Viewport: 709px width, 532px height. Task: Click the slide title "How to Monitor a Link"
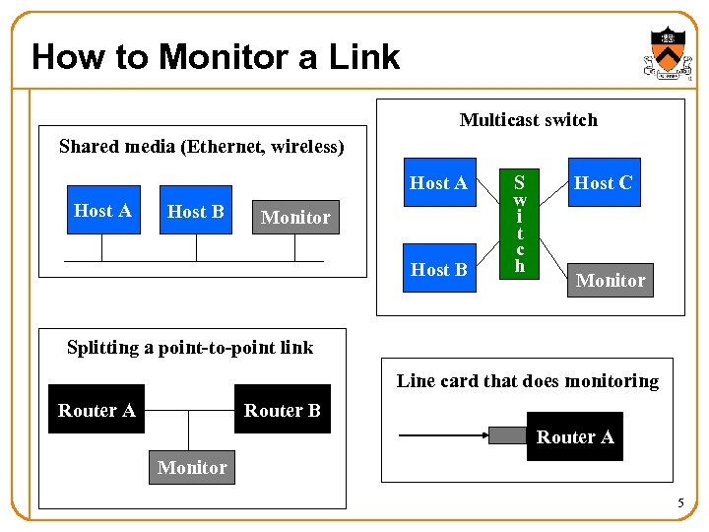point(216,57)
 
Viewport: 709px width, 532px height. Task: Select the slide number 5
point(679,504)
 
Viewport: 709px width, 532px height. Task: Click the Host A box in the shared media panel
point(102,210)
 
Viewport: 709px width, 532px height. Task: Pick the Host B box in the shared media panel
point(196,211)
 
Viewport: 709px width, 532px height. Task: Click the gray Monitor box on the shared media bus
point(295,218)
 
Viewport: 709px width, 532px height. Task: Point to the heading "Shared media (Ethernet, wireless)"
point(201,147)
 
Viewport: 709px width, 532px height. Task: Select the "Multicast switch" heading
point(528,120)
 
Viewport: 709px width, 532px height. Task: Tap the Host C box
point(603,182)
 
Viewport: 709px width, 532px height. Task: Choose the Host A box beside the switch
point(438,182)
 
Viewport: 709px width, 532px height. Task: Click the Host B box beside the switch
point(438,269)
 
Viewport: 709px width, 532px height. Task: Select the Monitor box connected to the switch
point(611,280)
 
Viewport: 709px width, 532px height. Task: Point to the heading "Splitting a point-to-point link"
point(189,347)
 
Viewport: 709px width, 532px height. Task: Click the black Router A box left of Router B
point(97,410)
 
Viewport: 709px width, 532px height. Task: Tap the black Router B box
point(282,410)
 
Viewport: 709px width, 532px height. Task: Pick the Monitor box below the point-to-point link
point(192,467)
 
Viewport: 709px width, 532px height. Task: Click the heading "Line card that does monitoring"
point(527,380)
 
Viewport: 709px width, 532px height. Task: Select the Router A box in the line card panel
point(575,436)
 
